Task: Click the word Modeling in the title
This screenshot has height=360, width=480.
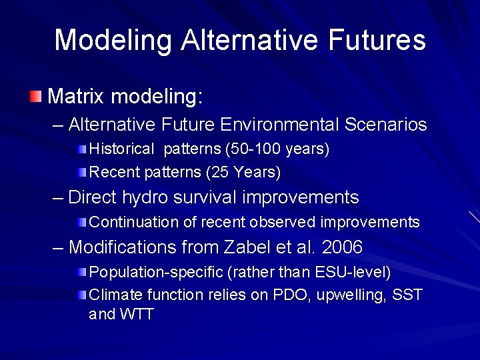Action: [x=113, y=40]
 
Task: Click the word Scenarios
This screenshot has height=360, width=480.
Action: [x=386, y=125]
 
